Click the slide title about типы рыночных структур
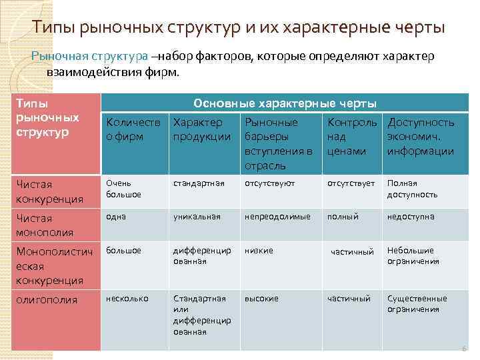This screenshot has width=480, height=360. tap(239, 28)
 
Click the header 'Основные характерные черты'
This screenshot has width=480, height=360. tap(285, 103)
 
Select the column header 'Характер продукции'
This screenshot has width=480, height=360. tap(202, 129)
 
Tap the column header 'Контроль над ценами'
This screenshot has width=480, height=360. tap(351, 137)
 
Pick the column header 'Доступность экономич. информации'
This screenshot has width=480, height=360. tap(421, 137)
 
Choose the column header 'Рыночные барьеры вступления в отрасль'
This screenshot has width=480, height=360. tap(279, 143)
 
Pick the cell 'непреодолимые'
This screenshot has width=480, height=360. tap(277, 217)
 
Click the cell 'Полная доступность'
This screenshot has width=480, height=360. tap(413, 189)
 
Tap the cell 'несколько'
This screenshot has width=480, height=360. tap(127, 299)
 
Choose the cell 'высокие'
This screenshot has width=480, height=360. tap(261, 299)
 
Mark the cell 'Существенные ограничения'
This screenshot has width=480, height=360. tap(417, 304)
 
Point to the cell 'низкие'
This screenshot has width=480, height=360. tap(259, 251)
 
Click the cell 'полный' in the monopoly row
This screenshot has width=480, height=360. tap(343, 217)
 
